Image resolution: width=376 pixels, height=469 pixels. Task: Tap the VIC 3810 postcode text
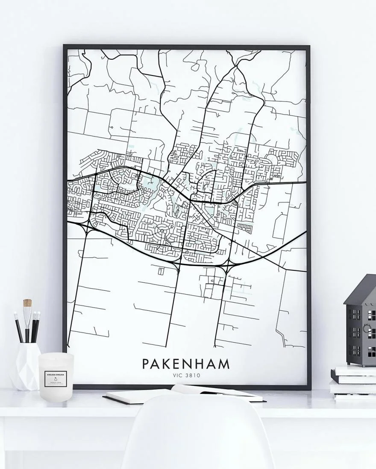(x=186, y=376)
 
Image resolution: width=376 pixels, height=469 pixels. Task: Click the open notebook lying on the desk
(x=184, y=394)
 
